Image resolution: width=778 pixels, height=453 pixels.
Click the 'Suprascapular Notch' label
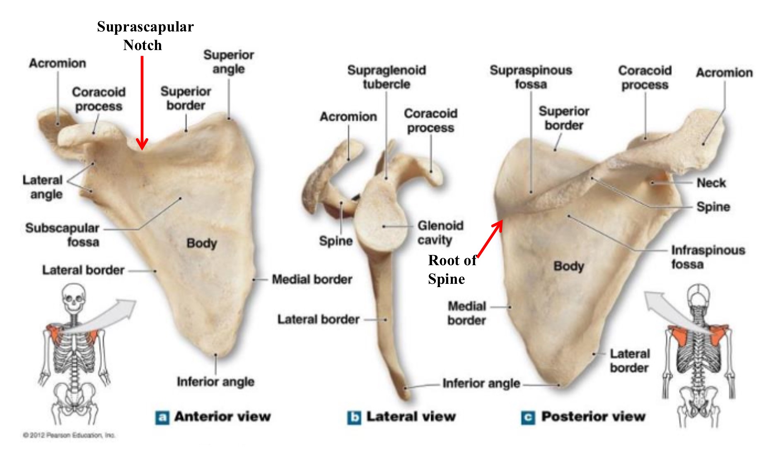145,36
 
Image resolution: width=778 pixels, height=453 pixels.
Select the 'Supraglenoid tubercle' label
387,77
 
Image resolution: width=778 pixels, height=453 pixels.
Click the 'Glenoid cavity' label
440,232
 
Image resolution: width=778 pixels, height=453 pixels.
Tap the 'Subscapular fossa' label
62,235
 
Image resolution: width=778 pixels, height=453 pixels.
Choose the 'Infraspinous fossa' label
708,257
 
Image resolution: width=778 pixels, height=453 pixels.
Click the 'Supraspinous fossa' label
531,77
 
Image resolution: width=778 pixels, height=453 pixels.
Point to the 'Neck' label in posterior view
711,183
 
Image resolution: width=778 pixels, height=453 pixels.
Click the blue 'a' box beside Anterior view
162,417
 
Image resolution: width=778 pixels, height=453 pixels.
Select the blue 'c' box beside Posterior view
528,417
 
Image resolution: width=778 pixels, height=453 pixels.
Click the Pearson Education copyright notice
69,435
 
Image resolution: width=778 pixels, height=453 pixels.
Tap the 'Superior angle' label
229,62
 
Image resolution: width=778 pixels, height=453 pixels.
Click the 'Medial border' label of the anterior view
312,280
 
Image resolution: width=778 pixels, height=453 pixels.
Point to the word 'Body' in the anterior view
202,243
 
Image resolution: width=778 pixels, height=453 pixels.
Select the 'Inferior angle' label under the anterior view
215,381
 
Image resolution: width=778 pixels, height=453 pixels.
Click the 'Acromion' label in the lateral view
348,117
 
